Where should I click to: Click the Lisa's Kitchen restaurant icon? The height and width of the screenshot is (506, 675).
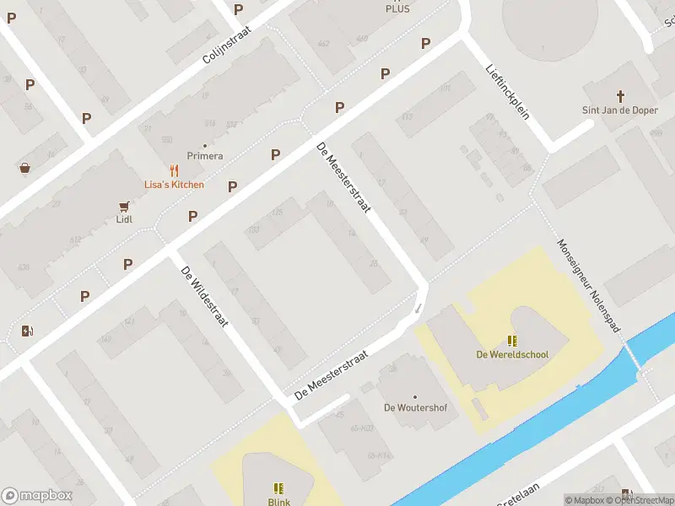[175, 170]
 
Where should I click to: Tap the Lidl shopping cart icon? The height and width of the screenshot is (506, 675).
[124, 205]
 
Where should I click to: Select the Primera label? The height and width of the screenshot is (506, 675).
[205, 156]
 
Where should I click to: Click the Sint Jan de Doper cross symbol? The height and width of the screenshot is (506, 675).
[620, 96]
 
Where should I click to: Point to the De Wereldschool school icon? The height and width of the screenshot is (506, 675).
[512, 341]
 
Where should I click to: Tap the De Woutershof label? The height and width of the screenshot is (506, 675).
[415, 407]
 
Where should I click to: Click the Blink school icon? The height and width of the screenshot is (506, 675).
[278, 487]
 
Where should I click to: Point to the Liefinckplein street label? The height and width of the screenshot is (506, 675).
[508, 92]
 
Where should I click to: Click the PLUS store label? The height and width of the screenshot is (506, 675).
[397, 8]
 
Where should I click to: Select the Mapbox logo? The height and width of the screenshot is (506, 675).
[37, 496]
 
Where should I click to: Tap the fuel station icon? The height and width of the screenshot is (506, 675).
[28, 331]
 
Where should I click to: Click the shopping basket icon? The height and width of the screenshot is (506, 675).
[25, 167]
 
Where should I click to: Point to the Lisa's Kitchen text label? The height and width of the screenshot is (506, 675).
[174, 185]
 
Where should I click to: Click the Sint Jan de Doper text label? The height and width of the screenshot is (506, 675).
[620, 110]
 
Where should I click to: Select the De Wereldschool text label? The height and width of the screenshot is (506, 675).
[512, 354]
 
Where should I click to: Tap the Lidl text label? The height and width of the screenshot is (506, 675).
[124, 219]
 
